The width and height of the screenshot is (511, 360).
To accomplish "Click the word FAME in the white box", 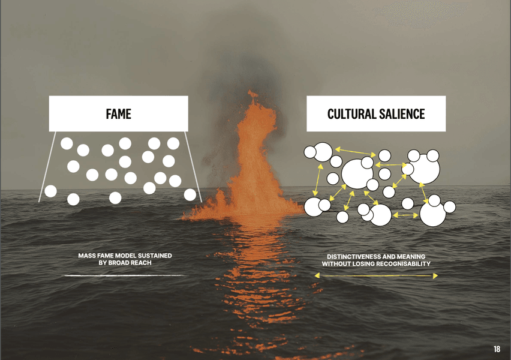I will click(x=118, y=114).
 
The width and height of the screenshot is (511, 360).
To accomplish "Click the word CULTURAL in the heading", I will click(x=352, y=114).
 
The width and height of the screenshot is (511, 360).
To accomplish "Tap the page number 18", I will click(x=497, y=349).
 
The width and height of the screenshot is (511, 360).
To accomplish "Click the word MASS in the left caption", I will click(x=88, y=256).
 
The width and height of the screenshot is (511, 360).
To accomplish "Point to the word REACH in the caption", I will click(x=140, y=263).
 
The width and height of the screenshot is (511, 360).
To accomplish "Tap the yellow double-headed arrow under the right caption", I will click(x=376, y=276).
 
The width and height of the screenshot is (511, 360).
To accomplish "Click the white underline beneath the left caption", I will click(x=124, y=275).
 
